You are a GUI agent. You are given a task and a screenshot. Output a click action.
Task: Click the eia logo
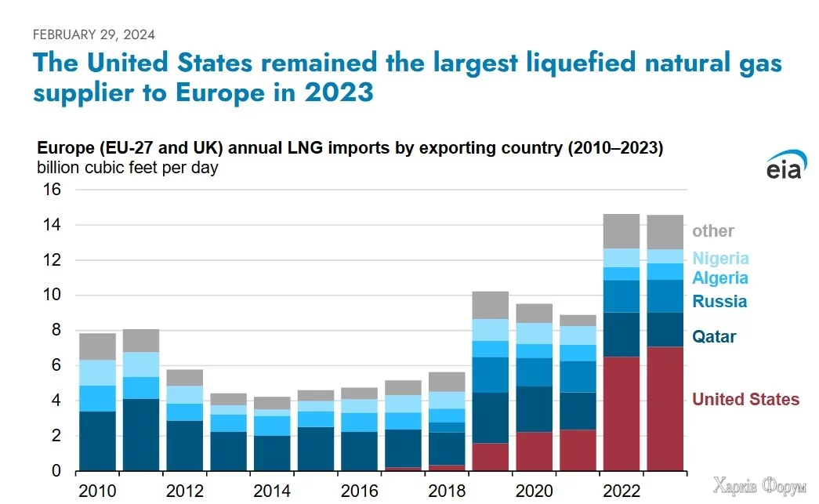783,167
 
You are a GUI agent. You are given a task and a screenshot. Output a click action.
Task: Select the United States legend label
745,400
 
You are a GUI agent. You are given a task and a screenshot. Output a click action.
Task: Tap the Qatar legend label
714,337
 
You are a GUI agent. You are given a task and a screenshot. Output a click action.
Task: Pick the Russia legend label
719,302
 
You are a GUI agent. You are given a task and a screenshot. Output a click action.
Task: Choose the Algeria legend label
719,278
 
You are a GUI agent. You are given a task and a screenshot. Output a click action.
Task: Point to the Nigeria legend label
720,258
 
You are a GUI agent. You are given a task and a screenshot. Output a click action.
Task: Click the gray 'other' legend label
712,231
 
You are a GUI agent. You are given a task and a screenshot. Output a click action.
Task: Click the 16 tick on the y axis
51,190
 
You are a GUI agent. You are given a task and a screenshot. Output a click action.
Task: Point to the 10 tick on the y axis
51,296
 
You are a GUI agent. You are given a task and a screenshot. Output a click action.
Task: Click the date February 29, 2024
93,34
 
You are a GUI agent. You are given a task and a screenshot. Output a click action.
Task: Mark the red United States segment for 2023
665,408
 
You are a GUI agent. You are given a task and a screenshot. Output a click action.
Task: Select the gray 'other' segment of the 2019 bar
490,305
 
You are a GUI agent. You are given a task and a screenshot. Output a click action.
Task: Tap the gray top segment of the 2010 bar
97,346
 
